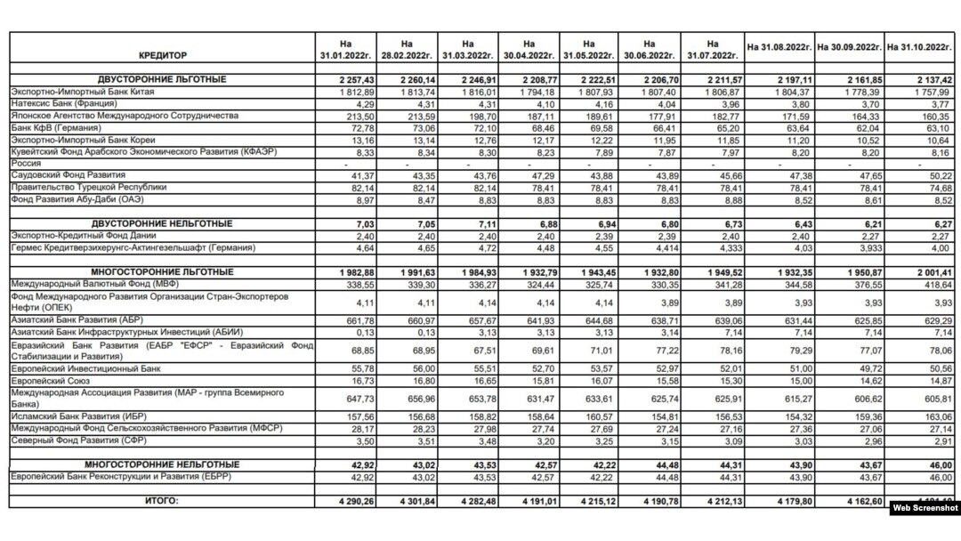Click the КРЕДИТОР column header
tap(163, 54)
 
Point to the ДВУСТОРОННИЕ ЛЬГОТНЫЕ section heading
tap(162, 80)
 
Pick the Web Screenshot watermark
tap(923, 507)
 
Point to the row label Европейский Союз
tap(44, 377)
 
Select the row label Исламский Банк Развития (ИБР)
tap(77, 415)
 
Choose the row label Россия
tap(24, 164)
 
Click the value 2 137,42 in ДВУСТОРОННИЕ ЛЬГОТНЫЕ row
tap(931, 80)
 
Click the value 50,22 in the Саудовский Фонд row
tap(939, 175)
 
